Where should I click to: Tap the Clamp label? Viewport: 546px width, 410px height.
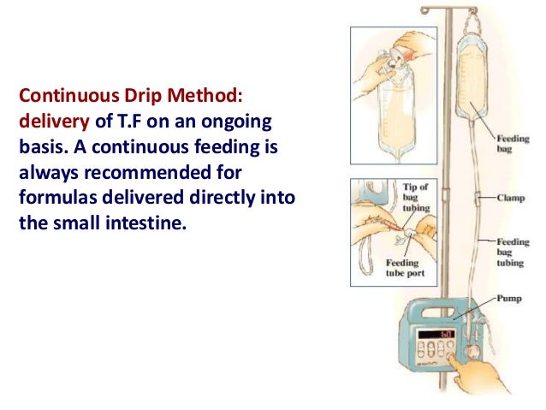pos(513,197)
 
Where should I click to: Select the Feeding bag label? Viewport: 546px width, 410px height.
pos(513,142)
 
